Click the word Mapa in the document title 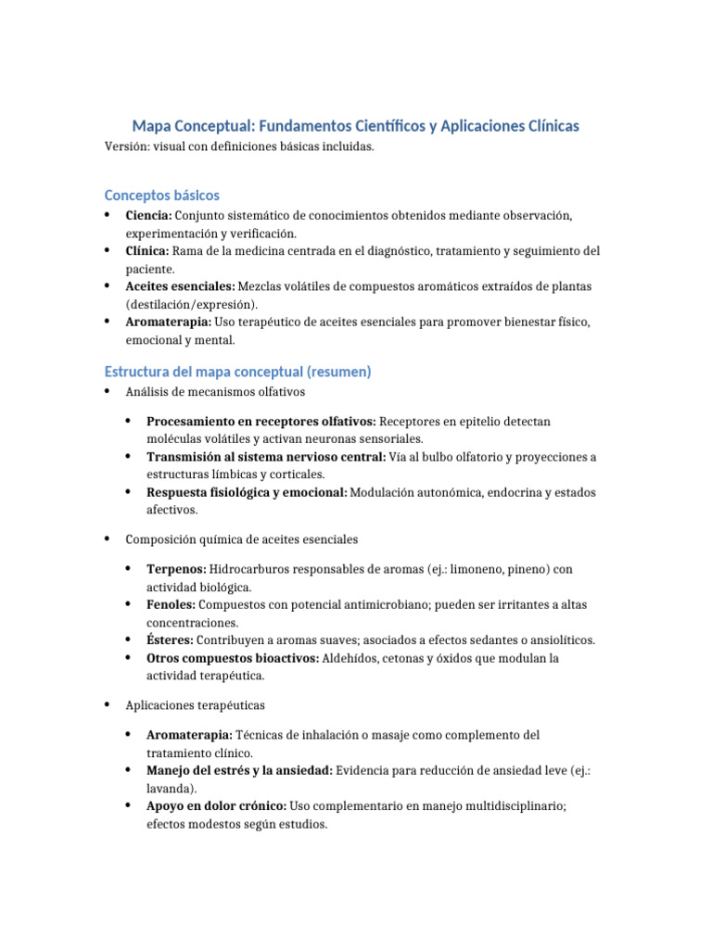pyautogui.click(x=154, y=125)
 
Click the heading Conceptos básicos pyautogui.click(x=162, y=196)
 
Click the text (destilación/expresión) pyautogui.click(x=192, y=304)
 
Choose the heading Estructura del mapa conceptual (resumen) pyautogui.click(x=238, y=372)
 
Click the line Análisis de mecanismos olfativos pyautogui.click(x=209, y=392)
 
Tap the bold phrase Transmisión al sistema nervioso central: pyautogui.click(x=264, y=457)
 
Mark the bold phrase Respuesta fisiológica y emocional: pyautogui.click(x=247, y=492)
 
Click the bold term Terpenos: pyautogui.click(x=177, y=569)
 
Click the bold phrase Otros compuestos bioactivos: pyautogui.click(x=233, y=658)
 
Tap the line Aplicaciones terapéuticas pyautogui.click(x=196, y=705)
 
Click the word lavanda pyautogui.click(x=170, y=788)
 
